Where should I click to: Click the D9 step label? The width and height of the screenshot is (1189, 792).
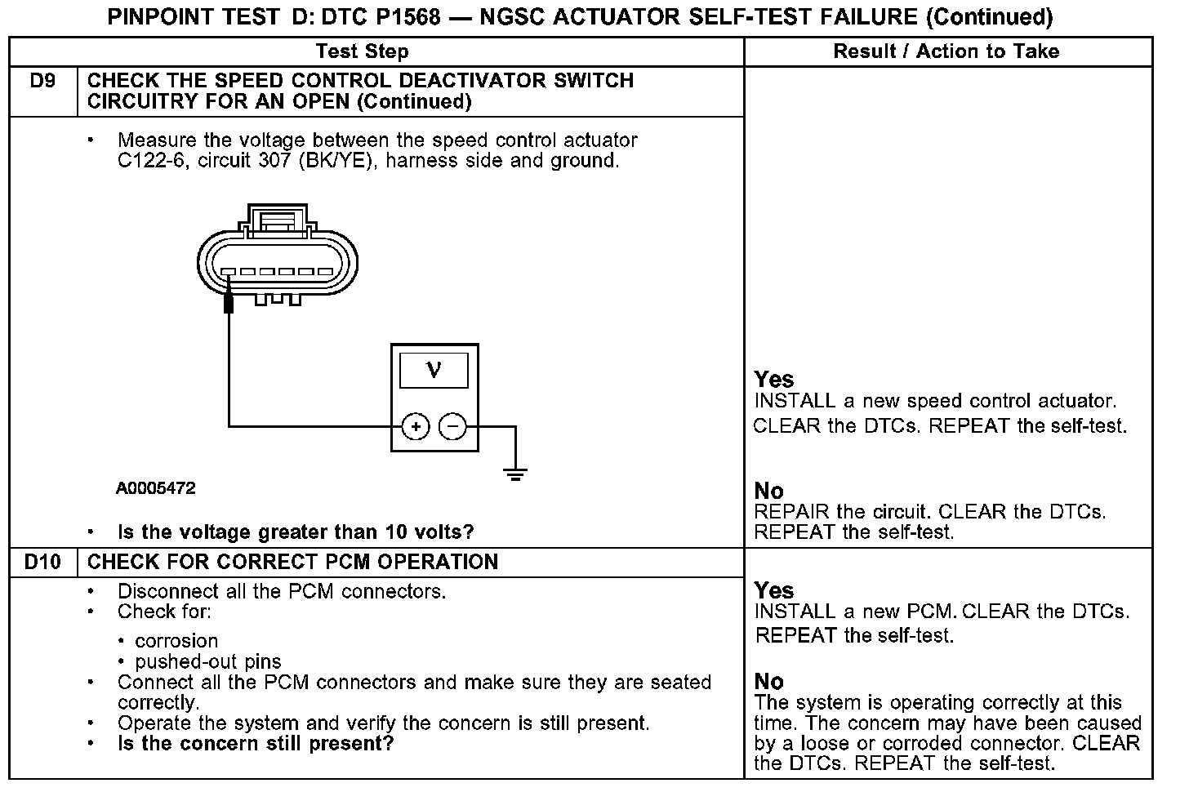42,81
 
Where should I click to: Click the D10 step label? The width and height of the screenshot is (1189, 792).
42,562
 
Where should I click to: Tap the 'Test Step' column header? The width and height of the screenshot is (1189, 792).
362,51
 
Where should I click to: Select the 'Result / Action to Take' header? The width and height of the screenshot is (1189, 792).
946,51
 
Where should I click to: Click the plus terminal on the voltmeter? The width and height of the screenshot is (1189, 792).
416,426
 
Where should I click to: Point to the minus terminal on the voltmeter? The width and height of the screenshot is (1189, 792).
452,426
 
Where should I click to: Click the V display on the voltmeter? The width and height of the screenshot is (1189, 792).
434,371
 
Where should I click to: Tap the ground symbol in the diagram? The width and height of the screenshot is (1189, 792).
515,474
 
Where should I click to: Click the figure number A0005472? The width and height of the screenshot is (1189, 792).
155,488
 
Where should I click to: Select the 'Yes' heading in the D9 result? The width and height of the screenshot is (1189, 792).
773,380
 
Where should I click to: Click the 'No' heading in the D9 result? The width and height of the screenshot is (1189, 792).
768,491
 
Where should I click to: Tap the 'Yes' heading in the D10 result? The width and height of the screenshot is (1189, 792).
773,590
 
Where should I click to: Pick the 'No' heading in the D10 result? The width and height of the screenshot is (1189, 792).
768,682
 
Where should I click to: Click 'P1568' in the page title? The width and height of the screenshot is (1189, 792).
404,16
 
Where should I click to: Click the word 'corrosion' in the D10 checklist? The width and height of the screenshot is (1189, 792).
176,641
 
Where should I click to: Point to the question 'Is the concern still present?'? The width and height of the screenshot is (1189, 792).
256,744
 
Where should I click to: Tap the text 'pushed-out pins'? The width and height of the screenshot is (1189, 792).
207,661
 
